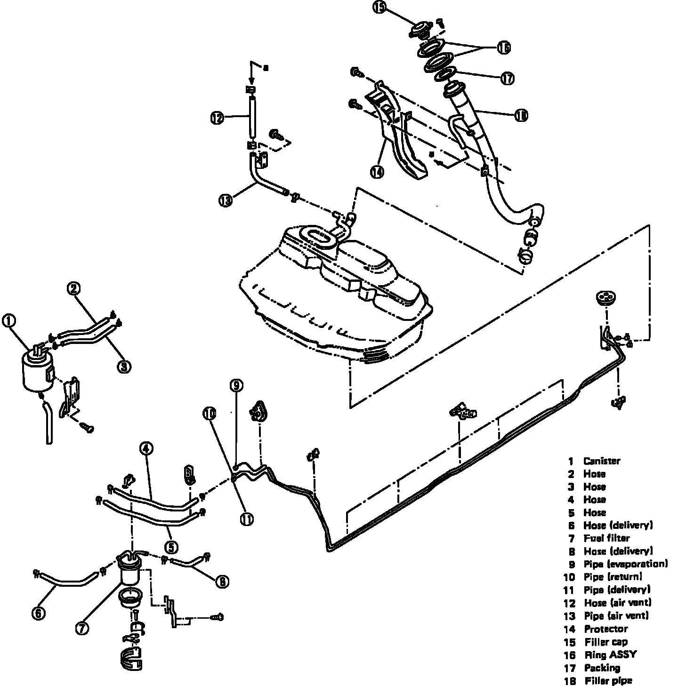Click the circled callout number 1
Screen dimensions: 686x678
click(9, 321)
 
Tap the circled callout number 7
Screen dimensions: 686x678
click(82, 628)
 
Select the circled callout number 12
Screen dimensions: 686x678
click(217, 118)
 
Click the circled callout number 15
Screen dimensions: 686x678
click(380, 9)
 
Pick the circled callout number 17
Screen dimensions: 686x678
click(507, 78)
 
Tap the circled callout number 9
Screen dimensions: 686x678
click(236, 386)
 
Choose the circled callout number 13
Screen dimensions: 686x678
click(226, 200)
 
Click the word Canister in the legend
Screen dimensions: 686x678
click(601, 461)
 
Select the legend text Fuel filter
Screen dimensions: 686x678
click(606, 538)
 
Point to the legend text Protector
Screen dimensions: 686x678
click(605, 629)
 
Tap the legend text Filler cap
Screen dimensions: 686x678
click(606, 642)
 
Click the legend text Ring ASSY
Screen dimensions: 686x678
click(610, 654)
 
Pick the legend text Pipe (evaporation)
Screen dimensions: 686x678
click(625, 564)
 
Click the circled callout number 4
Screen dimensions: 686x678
click(146, 449)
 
